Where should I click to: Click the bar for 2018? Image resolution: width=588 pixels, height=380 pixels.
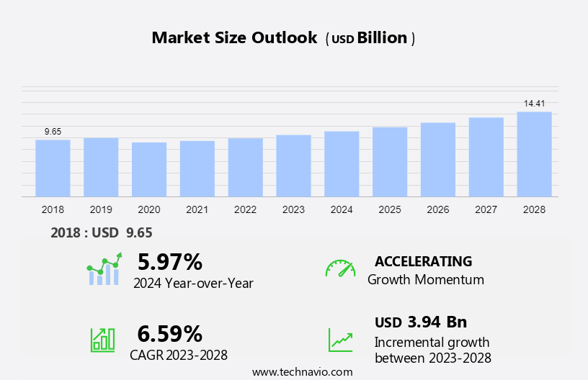point(53,168)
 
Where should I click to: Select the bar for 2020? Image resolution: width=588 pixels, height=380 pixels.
point(149,169)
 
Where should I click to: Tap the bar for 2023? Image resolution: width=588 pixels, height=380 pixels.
point(293,166)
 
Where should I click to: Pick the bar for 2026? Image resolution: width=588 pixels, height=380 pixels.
point(438,159)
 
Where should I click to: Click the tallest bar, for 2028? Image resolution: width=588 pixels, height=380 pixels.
point(534,154)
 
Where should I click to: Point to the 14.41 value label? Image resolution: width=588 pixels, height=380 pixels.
point(534,104)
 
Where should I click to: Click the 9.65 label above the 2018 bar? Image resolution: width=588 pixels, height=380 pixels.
point(53,132)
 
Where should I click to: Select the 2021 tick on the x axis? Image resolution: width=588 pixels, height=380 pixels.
point(197,209)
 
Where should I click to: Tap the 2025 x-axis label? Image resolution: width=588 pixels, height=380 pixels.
point(390,209)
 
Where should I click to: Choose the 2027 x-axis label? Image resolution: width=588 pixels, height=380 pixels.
point(486,209)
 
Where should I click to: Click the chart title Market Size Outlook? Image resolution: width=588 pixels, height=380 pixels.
point(234,38)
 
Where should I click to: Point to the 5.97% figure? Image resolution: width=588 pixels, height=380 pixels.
point(170,261)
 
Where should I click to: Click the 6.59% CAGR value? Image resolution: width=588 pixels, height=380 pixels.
point(170,333)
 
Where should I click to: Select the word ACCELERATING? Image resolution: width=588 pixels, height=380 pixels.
point(423,261)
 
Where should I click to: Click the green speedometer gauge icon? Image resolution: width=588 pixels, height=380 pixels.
point(340,268)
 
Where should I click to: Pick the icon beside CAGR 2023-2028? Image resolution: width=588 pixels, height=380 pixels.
point(102,340)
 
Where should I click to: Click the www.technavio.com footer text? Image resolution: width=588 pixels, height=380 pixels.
point(303,371)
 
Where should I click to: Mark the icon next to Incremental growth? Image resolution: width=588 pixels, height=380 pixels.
point(340,340)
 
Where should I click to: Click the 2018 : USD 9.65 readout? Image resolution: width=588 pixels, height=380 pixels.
point(102,232)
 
